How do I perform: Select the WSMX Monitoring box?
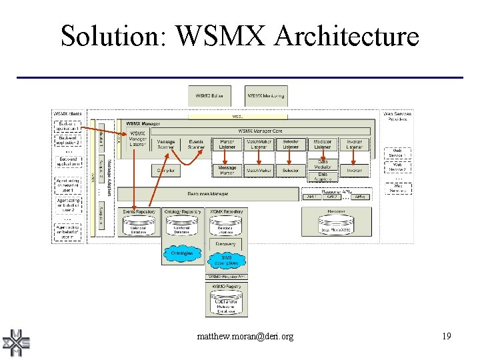pyautogui.click(x=266, y=96)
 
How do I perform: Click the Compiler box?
pyautogui.click(x=166, y=171)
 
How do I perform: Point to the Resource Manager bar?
pyautogui.click(x=207, y=194)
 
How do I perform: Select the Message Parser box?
pyautogui.click(x=227, y=171)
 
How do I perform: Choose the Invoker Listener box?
pyautogui.click(x=354, y=144)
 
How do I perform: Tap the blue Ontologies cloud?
pyautogui.click(x=181, y=253)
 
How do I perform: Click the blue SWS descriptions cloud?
pyautogui.click(x=226, y=260)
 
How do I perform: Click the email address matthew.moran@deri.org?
pyautogui.click(x=245, y=337)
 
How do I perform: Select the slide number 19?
pyautogui.click(x=446, y=337)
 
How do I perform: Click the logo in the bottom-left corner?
pyautogui.click(x=17, y=343)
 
